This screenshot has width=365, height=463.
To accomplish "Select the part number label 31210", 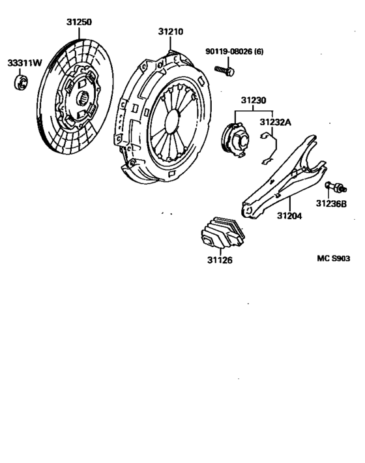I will click(x=170, y=31).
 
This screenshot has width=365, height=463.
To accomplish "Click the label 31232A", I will click(x=276, y=121).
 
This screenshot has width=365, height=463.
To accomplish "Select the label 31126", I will click(x=219, y=260).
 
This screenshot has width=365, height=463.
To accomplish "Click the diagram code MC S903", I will click(x=334, y=258).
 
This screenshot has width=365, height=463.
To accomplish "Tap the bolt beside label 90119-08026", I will click(x=226, y=67).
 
